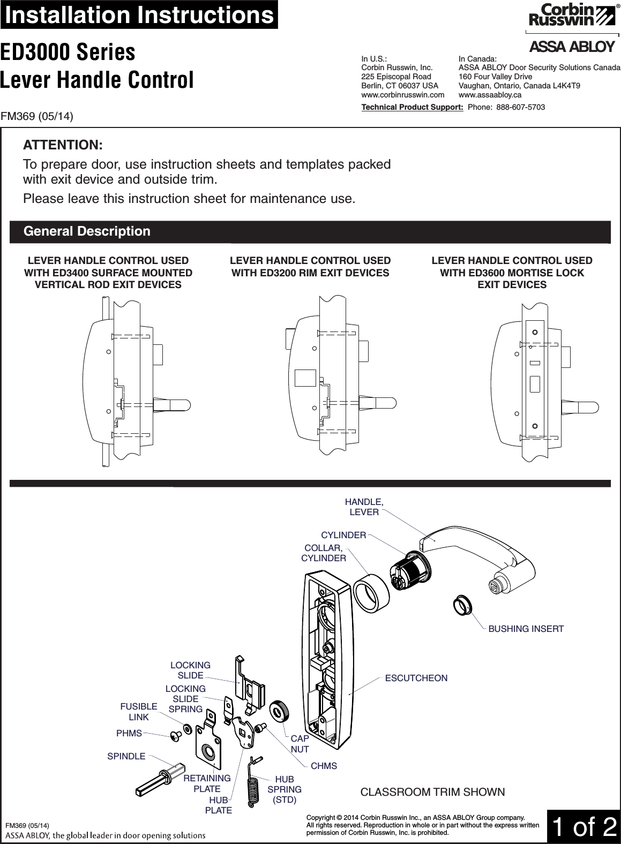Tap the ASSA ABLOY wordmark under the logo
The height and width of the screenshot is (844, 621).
click(571, 47)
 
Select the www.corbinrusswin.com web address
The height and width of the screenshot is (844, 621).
click(403, 94)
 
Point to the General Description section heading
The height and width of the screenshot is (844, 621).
click(87, 231)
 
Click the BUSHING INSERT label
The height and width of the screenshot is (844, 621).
click(526, 629)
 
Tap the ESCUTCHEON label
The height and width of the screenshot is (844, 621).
click(416, 679)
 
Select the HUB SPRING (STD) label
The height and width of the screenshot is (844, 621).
click(285, 789)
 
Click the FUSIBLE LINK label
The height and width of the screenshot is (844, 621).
click(139, 712)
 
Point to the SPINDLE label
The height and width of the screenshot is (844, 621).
click(126, 756)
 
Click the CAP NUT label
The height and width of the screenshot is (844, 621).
click(300, 744)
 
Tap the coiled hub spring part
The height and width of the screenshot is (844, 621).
click(252, 781)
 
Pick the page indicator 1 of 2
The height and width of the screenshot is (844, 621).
click(583, 827)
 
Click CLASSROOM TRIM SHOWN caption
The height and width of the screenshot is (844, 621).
click(432, 792)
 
